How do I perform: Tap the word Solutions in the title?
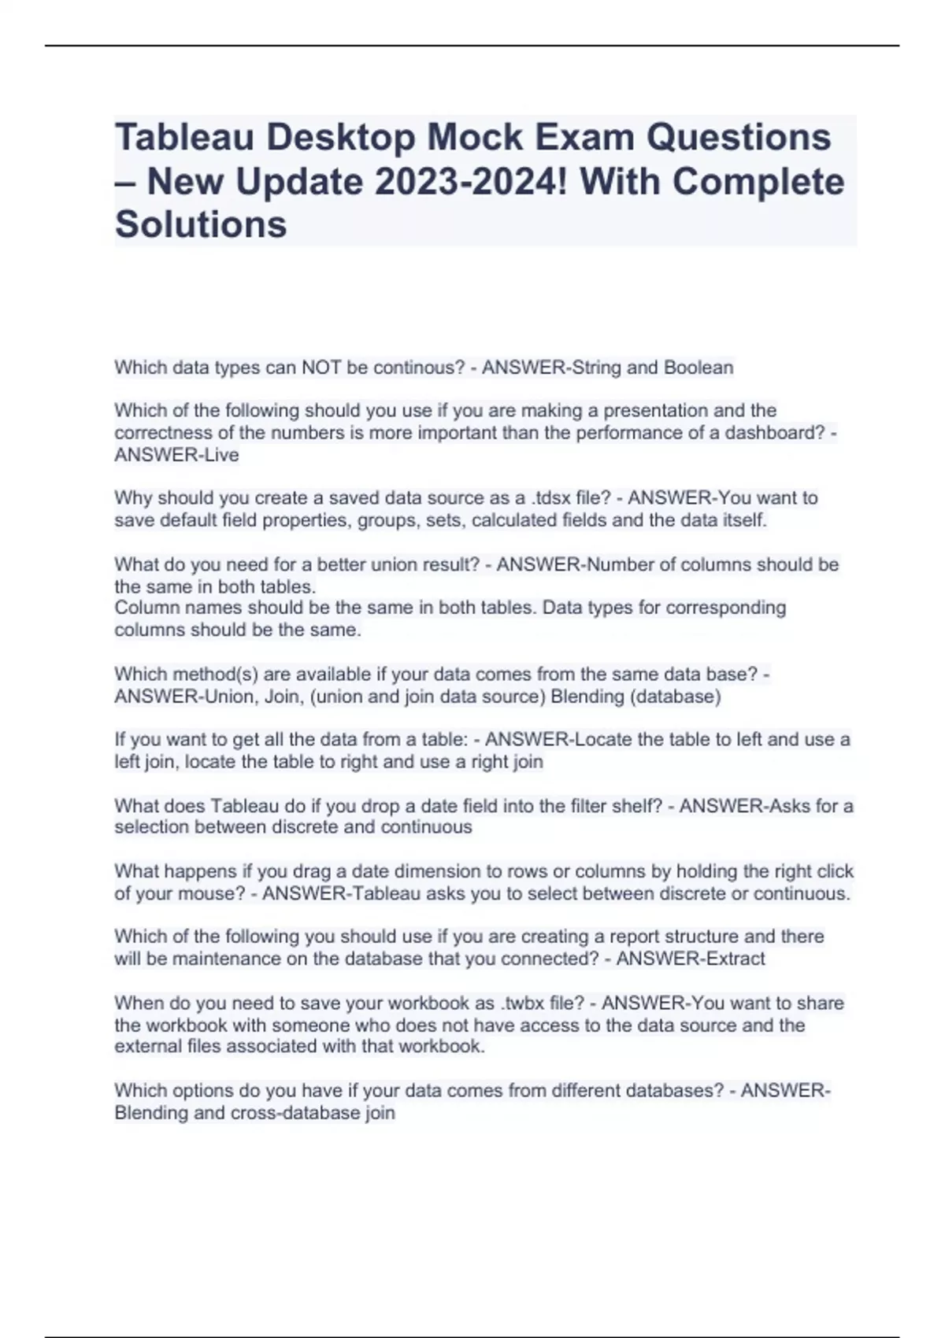coord(201,224)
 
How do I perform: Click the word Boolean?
coord(698,368)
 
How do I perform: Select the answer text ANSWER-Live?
coord(176,455)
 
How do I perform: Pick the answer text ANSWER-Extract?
coord(690,959)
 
